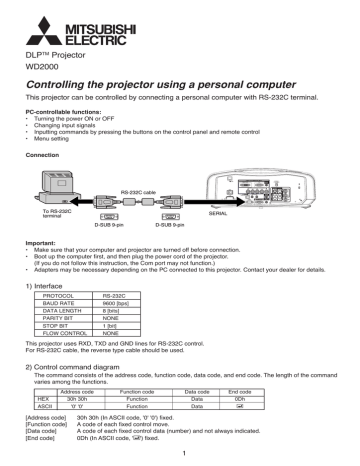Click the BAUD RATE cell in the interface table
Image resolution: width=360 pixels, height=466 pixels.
[60, 303]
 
